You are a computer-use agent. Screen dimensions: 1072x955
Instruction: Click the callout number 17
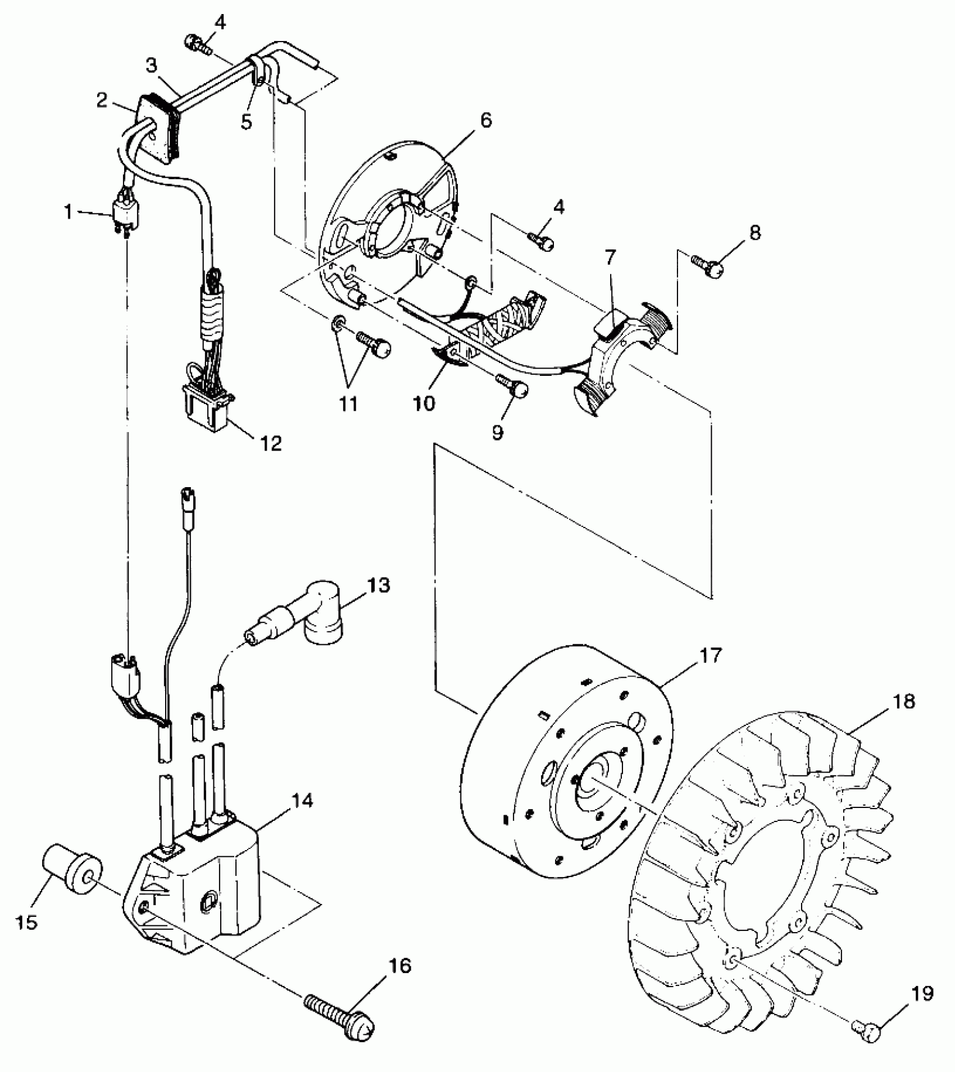[710, 656]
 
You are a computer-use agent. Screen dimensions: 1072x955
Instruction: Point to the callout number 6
[486, 120]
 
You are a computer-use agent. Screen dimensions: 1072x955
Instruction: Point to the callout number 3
[151, 66]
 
